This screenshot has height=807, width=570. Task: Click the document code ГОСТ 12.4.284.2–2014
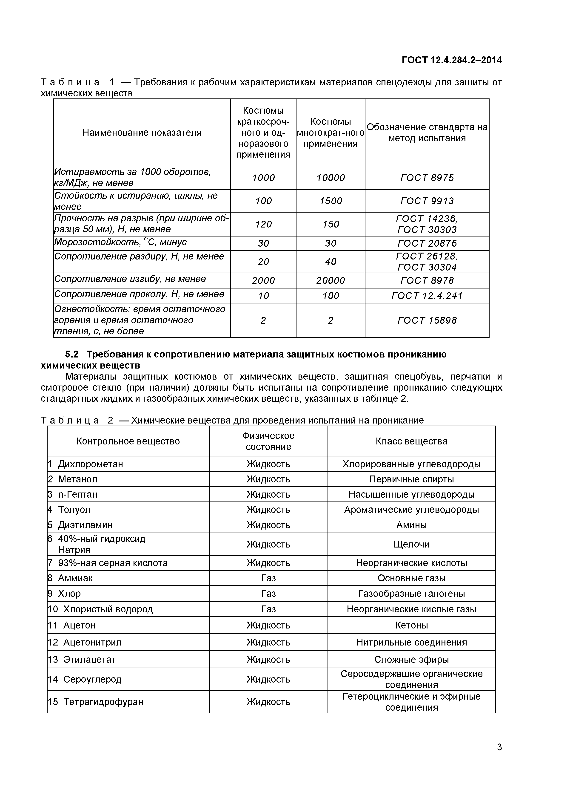[x=452, y=60]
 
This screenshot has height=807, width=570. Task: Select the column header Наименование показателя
[x=142, y=133]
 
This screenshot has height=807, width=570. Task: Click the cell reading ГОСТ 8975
[x=427, y=178]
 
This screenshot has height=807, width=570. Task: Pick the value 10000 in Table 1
[x=331, y=178]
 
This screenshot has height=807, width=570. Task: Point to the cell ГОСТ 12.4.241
[x=427, y=296]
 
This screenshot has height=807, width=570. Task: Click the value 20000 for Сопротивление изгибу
[x=331, y=280]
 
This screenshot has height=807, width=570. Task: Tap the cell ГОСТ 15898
[x=427, y=320]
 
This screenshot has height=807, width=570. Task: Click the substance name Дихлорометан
[x=90, y=464]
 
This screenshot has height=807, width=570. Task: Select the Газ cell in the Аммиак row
[x=268, y=578]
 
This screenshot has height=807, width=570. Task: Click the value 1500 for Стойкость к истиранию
[x=331, y=201]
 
